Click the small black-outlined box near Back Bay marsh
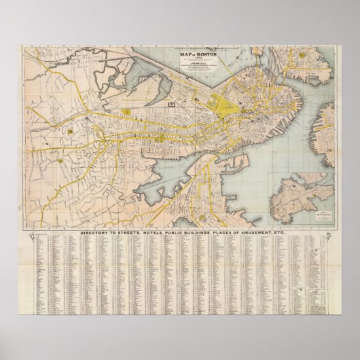pos(172,102)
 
